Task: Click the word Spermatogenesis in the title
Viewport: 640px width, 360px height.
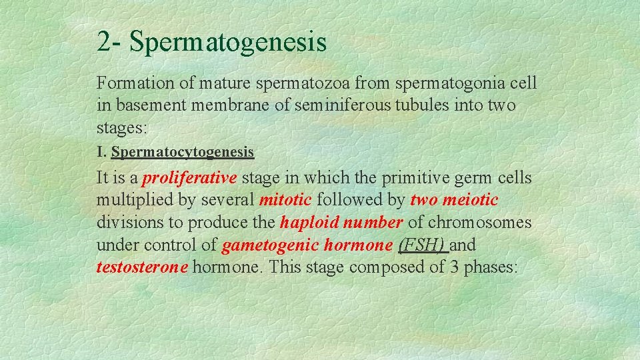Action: coord(228,42)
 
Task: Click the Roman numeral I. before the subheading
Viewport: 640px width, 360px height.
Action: coord(101,152)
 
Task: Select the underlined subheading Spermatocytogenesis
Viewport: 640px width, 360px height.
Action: coord(183,153)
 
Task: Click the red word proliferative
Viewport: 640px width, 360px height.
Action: coord(190,178)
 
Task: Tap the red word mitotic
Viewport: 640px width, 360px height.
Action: coord(285,200)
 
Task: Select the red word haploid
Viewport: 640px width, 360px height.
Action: coord(309,222)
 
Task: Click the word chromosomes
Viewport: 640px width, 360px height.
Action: coord(479,222)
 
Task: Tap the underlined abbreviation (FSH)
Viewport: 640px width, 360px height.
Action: coord(421,245)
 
